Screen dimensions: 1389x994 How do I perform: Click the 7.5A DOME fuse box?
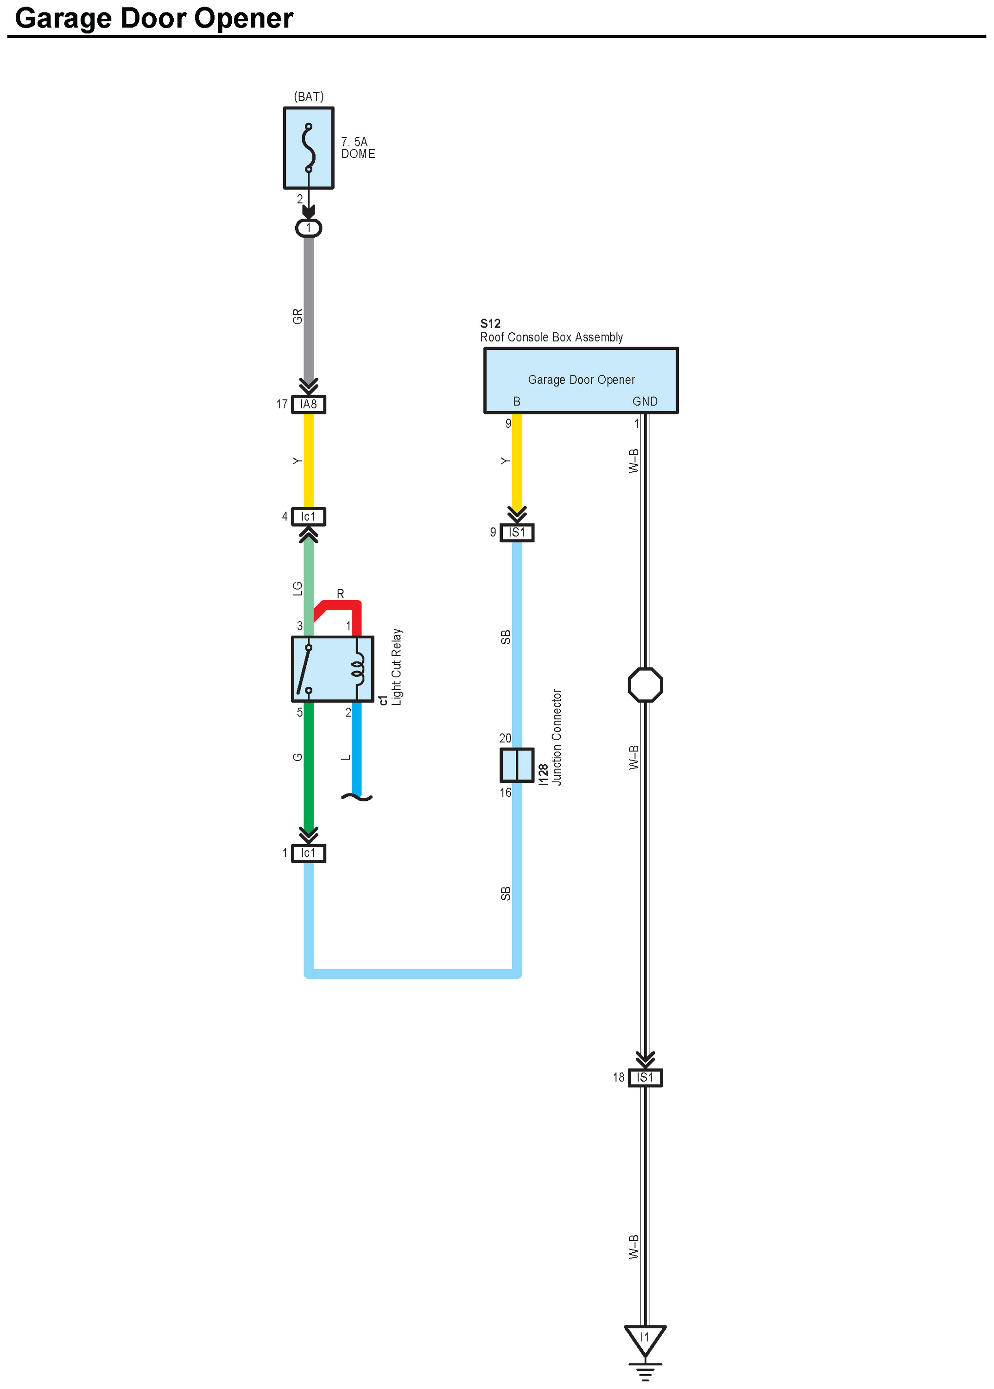pyautogui.click(x=309, y=148)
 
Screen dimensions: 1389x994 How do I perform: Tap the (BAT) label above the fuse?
pyautogui.click(x=309, y=97)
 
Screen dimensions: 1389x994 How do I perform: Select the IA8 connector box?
pyautogui.click(x=309, y=405)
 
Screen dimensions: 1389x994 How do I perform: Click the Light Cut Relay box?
pyautogui.click(x=332, y=669)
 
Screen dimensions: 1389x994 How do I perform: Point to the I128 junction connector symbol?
pyautogui.click(x=517, y=765)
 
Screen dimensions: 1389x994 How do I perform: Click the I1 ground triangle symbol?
pyautogui.click(x=645, y=1339)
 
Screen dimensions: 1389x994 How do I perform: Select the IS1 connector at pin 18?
pyautogui.click(x=645, y=1078)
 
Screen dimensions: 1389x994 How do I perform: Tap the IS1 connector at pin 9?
pyautogui.click(x=517, y=533)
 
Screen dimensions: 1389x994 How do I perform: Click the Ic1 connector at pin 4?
pyautogui.click(x=309, y=517)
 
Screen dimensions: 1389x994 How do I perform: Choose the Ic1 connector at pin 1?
pyautogui.click(x=309, y=853)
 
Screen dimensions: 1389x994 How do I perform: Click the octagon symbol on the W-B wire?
pyautogui.click(x=645, y=685)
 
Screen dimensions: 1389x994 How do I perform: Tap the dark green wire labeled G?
pyautogui.click(x=309, y=765)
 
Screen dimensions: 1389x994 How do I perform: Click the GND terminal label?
pyautogui.click(x=645, y=401)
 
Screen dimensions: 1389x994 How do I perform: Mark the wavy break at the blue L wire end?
pyautogui.click(x=356, y=797)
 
